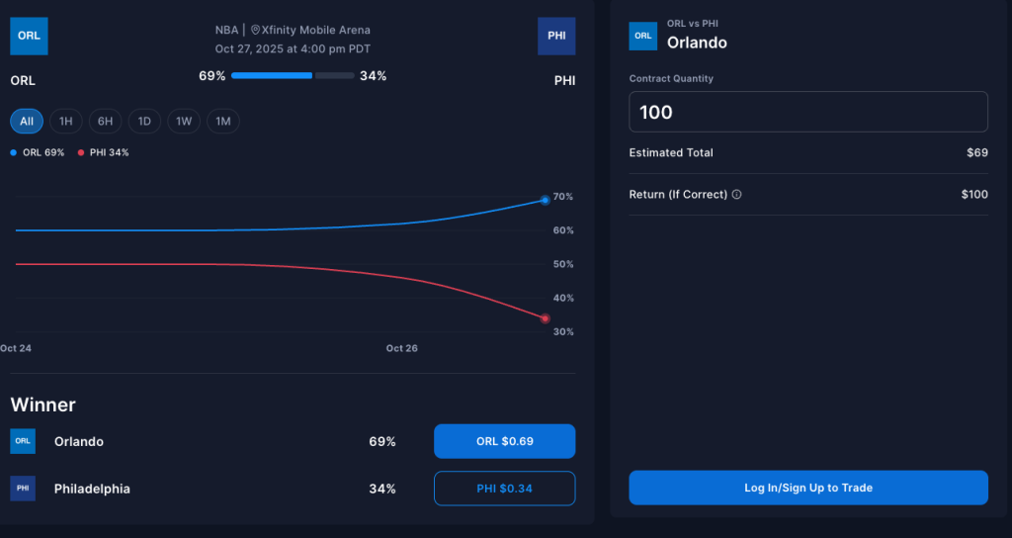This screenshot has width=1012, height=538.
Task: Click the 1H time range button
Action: (x=66, y=122)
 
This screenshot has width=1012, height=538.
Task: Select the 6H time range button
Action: (x=105, y=122)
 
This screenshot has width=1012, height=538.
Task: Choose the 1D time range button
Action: (x=144, y=122)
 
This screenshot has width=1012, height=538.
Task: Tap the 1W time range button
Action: (x=184, y=122)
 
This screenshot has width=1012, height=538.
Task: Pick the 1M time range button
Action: (x=223, y=122)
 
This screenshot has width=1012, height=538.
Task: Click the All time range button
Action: (x=27, y=122)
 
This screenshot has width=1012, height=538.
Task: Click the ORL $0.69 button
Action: (x=504, y=441)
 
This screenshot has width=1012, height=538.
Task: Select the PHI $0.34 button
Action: (x=504, y=489)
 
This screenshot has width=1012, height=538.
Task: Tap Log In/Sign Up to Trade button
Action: (x=808, y=488)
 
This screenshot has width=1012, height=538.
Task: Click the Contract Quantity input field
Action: (x=808, y=112)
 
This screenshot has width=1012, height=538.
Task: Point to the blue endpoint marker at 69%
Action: (x=545, y=200)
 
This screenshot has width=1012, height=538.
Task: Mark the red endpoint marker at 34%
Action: (x=545, y=318)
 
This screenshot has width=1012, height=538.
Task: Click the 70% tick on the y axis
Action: (x=562, y=197)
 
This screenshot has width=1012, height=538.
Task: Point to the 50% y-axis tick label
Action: (x=562, y=264)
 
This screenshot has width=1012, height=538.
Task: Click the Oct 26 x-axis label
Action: (x=401, y=348)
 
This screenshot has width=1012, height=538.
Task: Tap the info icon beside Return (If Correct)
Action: (x=737, y=195)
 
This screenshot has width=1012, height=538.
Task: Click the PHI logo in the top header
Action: (x=556, y=37)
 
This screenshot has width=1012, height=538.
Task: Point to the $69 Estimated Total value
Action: (x=976, y=153)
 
